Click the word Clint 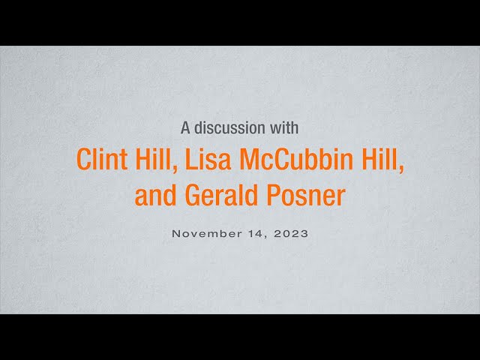102,159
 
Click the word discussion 230,127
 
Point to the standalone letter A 186,127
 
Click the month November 207,234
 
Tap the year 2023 291,234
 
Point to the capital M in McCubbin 250,159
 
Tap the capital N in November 176,234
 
